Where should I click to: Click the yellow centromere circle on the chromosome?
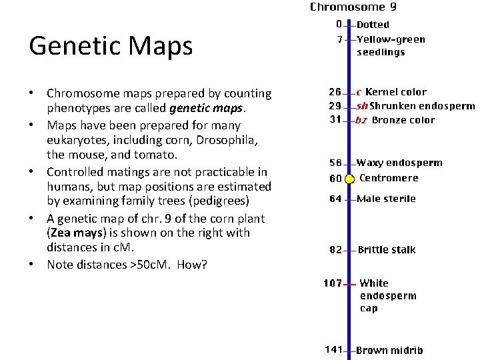(x=349, y=178)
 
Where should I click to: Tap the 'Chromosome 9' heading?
(x=353, y=8)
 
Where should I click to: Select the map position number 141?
(x=333, y=349)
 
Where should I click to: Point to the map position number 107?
(x=333, y=283)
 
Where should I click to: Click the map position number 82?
(x=335, y=250)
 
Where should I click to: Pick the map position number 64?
(x=335, y=199)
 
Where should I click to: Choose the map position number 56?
(x=335, y=163)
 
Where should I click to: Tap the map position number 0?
(x=339, y=25)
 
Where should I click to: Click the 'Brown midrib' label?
(x=389, y=350)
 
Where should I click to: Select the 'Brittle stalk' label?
(x=387, y=250)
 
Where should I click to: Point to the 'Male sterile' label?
(x=386, y=199)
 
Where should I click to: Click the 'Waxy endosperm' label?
(x=399, y=163)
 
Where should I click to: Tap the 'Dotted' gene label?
(x=373, y=25)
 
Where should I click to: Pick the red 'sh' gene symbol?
(x=362, y=106)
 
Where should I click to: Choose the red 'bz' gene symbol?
(x=361, y=121)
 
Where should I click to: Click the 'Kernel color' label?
(x=396, y=92)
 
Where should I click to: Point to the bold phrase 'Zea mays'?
(x=75, y=233)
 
